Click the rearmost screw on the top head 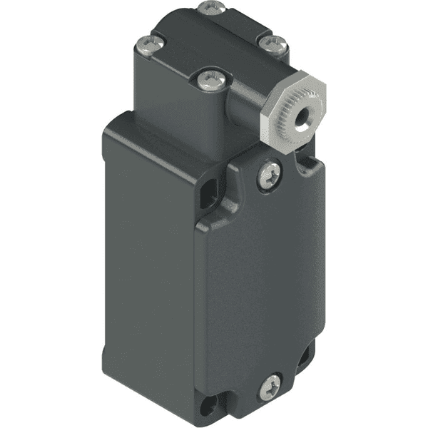[208, 8]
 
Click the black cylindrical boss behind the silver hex [246, 96]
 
